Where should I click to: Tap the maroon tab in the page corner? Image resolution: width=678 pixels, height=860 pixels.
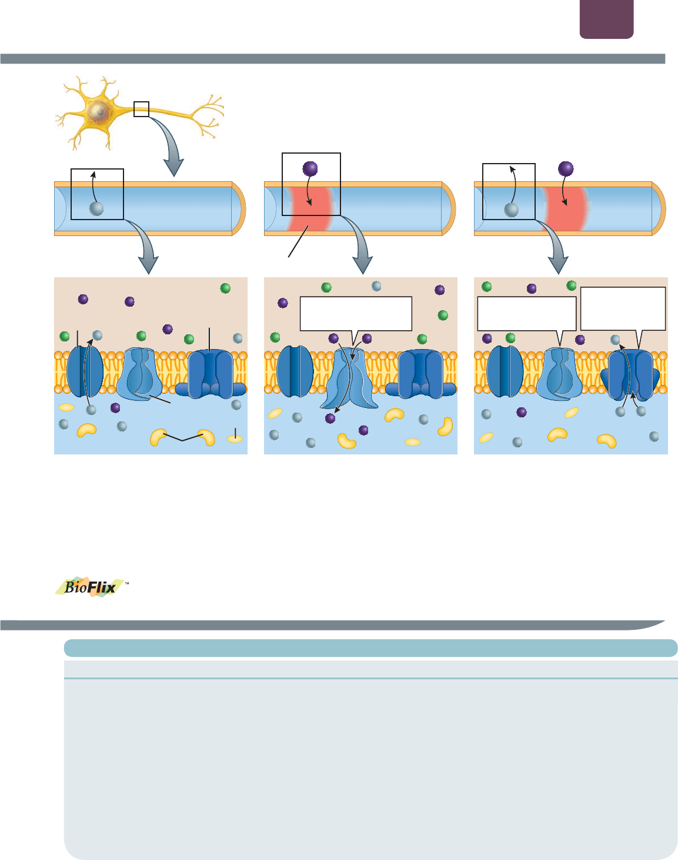(606, 19)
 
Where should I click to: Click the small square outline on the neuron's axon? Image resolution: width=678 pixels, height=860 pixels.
(141, 109)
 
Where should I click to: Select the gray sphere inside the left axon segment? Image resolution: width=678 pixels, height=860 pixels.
(96, 208)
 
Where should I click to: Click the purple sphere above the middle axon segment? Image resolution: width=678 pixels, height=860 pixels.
(310, 169)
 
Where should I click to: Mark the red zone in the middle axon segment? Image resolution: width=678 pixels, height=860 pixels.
(310, 209)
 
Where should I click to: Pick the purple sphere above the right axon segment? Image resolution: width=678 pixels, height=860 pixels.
(566, 169)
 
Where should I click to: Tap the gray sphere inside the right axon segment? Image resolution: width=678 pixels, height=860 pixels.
(511, 209)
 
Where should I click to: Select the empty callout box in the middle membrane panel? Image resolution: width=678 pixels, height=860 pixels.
(356, 314)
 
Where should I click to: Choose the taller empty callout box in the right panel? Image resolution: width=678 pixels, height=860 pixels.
(623, 308)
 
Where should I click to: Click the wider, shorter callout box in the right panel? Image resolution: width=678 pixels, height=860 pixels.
(526, 314)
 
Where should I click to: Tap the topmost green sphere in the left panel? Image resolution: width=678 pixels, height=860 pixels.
(225, 288)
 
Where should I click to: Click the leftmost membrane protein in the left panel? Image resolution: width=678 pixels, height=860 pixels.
(85, 372)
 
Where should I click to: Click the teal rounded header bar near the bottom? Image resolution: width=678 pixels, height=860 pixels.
(370, 648)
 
